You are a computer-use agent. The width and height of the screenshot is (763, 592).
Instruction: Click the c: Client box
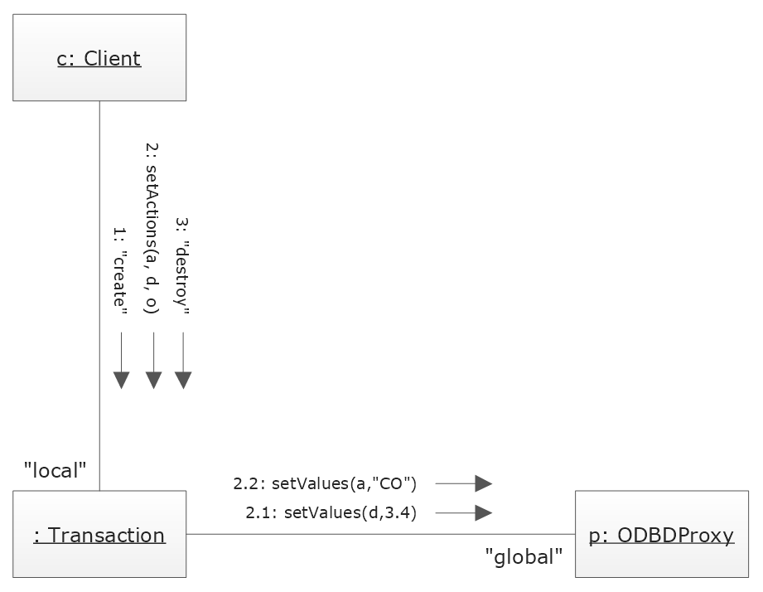tap(99, 57)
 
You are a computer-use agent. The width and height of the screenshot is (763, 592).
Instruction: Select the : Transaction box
tap(99, 534)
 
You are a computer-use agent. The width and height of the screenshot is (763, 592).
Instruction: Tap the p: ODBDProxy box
tap(661, 534)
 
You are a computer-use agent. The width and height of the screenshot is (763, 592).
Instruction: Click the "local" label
tap(56, 471)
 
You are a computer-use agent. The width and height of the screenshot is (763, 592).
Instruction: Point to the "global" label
tap(524, 557)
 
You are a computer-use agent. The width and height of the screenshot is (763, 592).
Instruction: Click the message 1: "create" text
tap(121, 269)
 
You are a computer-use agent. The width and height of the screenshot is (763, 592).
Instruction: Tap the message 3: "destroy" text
tap(183, 265)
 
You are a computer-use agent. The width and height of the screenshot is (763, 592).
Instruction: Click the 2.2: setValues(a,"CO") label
tap(325, 483)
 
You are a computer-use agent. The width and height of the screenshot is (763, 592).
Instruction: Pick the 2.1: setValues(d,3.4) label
tap(331, 512)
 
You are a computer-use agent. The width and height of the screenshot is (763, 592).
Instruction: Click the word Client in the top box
tap(113, 58)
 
